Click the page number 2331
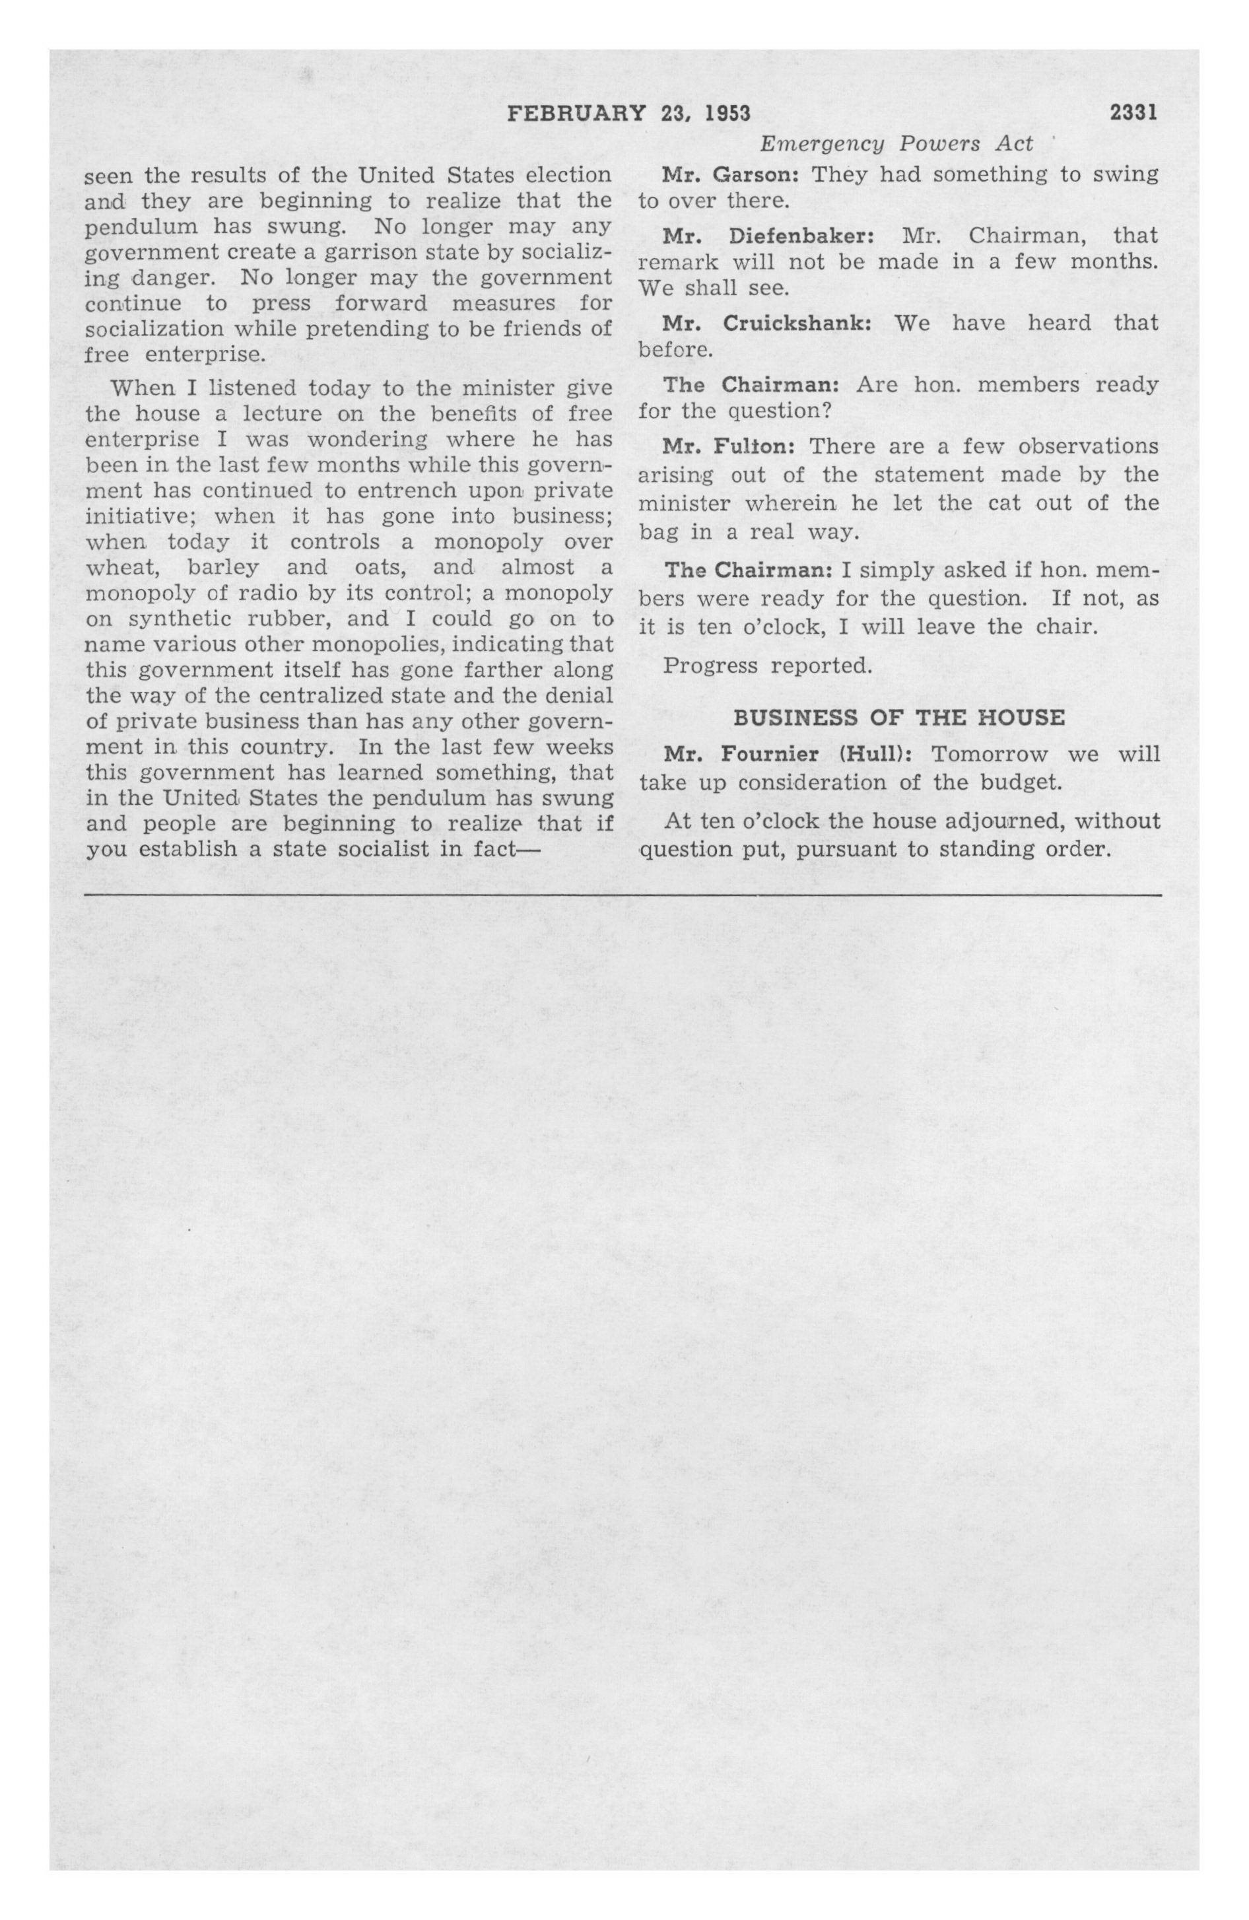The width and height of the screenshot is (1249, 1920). (x=1133, y=114)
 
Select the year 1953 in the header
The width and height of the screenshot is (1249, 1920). (x=727, y=114)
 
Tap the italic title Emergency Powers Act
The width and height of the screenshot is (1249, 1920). (x=896, y=143)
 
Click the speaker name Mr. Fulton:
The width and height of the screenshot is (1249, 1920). (x=729, y=447)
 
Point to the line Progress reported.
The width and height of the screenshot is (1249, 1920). (x=767, y=666)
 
